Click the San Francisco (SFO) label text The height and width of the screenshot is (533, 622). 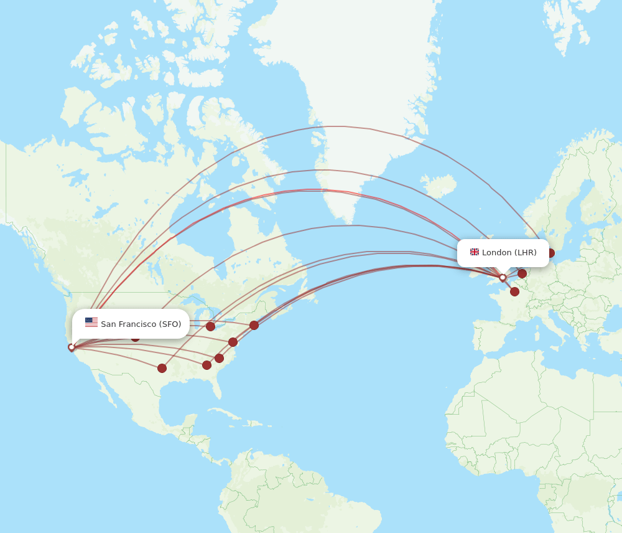click(x=141, y=324)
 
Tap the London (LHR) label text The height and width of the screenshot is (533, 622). click(x=509, y=252)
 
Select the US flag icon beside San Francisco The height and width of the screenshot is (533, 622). click(x=91, y=323)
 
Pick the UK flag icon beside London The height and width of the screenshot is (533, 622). click(x=475, y=252)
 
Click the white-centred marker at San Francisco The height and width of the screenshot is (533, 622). click(x=72, y=347)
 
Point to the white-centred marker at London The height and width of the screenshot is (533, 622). click(x=503, y=278)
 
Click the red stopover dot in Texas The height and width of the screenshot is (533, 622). click(x=162, y=368)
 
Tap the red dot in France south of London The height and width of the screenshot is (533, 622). click(x=514, y=291)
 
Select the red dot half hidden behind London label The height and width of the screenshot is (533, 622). click(x=550, y=253)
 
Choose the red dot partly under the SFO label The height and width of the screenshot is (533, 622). click(x=135, y=337)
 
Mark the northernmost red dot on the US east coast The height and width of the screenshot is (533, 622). click(x=254, y=325)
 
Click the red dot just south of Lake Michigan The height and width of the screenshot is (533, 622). click(x=210, y=326)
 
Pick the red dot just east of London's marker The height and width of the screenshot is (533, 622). click(x=522, y=273)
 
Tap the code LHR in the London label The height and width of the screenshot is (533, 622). click(x=526, y=252)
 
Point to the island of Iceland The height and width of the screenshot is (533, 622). click(x=440, y=185)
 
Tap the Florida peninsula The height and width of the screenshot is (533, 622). click(x=216, y=386)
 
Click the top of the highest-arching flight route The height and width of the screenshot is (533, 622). click(x=336, y=126)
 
